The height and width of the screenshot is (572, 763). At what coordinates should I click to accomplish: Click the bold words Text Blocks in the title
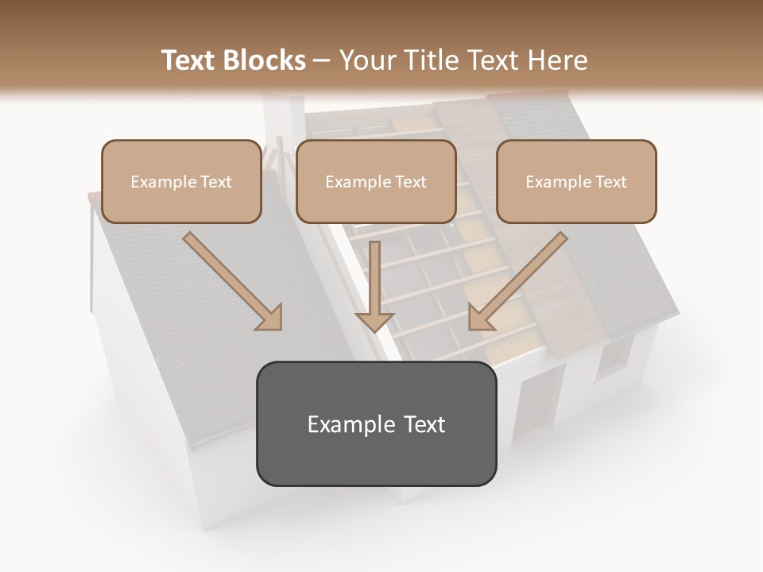234,60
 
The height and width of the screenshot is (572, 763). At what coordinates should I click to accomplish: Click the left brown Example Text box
181,181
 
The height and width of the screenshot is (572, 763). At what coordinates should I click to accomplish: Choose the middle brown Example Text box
376,181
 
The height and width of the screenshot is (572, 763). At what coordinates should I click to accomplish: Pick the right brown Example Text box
576,181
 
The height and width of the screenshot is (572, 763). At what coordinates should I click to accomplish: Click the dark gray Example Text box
376,423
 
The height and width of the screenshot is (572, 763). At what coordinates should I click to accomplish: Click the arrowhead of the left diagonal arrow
269,317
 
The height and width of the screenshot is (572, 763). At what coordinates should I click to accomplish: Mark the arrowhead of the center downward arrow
374,321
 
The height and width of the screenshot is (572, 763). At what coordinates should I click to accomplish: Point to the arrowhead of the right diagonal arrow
481,317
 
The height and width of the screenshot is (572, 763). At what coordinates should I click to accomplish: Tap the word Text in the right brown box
610,182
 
